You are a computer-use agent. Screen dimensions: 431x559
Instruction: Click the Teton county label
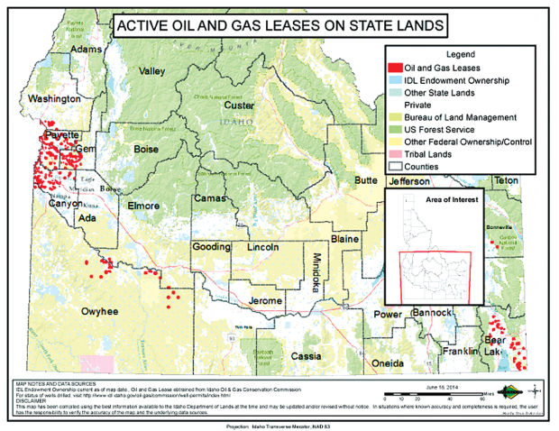(x=506, y=180)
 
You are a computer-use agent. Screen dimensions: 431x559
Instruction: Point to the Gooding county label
(x=211, y=247)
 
